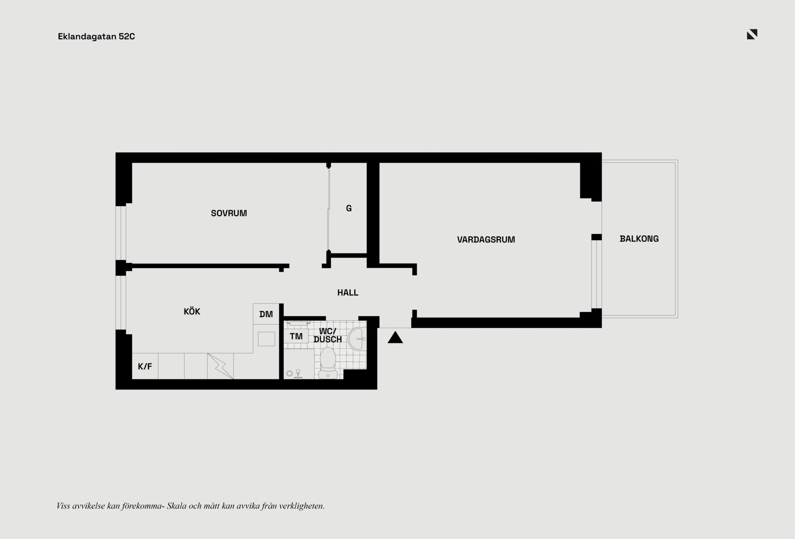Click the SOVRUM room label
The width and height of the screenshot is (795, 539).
coord(229,213)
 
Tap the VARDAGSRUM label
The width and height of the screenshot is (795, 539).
coord(486,240)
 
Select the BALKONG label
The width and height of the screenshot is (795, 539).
coord(639,239)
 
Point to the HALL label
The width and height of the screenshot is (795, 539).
coord(348,293)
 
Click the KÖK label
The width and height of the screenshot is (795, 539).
coord(192,311)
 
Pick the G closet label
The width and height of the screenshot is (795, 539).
coord(349,208)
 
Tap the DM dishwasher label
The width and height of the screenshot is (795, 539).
coord(266,314)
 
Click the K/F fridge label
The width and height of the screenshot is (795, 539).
coord(145,366)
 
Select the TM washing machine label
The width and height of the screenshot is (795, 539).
coord(296,336)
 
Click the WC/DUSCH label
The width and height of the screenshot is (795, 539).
coord(328,335)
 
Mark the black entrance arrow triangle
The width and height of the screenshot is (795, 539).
coord(395,337)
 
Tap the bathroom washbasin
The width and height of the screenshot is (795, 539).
coord(357,339)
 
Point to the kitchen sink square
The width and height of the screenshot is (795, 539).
coord(266,339)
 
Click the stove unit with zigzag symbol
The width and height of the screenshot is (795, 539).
coord(220,366)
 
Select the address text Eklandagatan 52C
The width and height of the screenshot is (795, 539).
coord(96,36)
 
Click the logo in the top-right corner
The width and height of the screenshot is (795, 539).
coord(752,34)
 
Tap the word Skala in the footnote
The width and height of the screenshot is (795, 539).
coord(177,506)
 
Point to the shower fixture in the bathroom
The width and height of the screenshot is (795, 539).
coord(297,374)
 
